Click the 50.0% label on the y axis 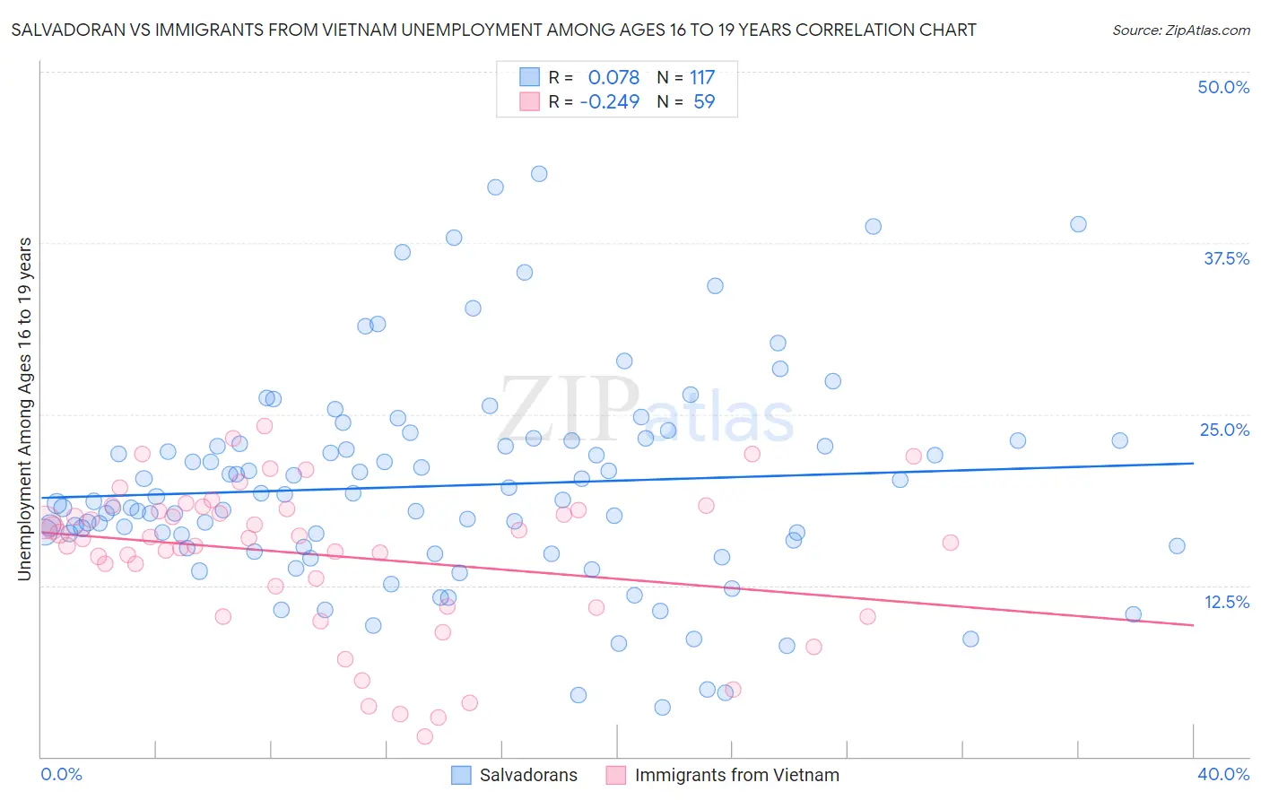[1223, 87]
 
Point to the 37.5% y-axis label [1226, 258]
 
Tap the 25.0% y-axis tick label [1224, 430]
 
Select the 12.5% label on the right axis [1226, 602]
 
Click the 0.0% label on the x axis [61, 774]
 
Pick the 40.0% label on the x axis [1223, 774]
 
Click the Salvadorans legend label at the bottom [528, 775]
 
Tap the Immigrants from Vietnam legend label [737, 775]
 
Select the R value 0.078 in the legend [613, 77]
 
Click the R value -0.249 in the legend [610, 101]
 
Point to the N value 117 [702, 77]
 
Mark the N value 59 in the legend [704, 101]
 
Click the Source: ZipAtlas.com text [1180, 30]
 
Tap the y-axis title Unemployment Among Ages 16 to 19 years [24, 408]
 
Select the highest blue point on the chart [539, 174]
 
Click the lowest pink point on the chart [425, 736]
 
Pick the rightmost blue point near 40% [1177, 546]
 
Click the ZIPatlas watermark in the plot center [646, 412]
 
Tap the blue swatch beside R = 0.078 [529, 77]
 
